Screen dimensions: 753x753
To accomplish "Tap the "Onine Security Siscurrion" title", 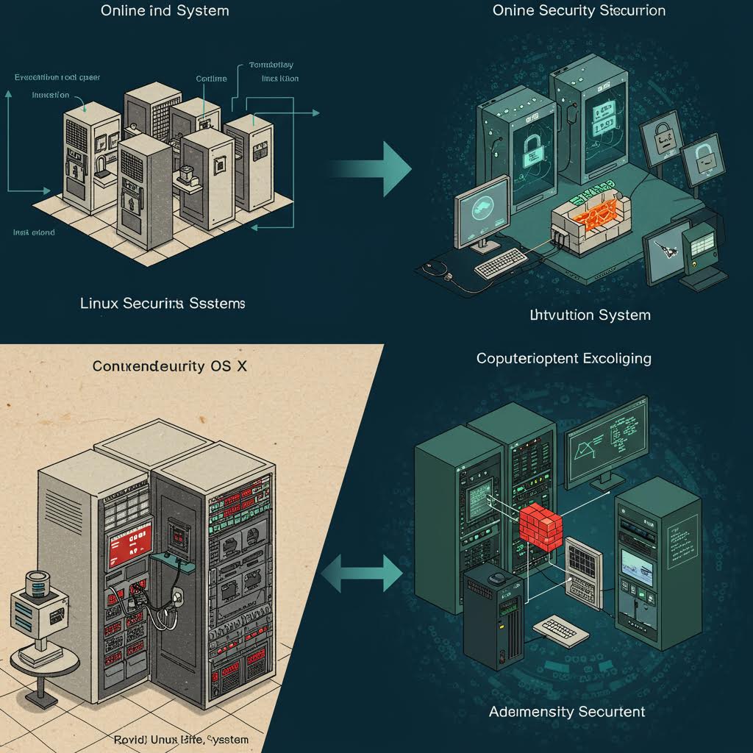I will point(579,11).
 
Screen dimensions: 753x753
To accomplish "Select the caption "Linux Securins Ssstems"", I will point(163,303).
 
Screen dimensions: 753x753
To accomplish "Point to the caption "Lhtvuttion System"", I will point(590,315).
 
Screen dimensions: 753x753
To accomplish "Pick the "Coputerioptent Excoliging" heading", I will point(564,359).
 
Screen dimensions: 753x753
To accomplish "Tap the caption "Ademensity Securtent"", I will point(566,712).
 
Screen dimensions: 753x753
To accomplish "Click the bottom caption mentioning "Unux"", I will point(182,739).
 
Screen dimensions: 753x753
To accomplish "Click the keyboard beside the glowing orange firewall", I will point(501,263).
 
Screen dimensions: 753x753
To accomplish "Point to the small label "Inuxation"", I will point(51,95).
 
